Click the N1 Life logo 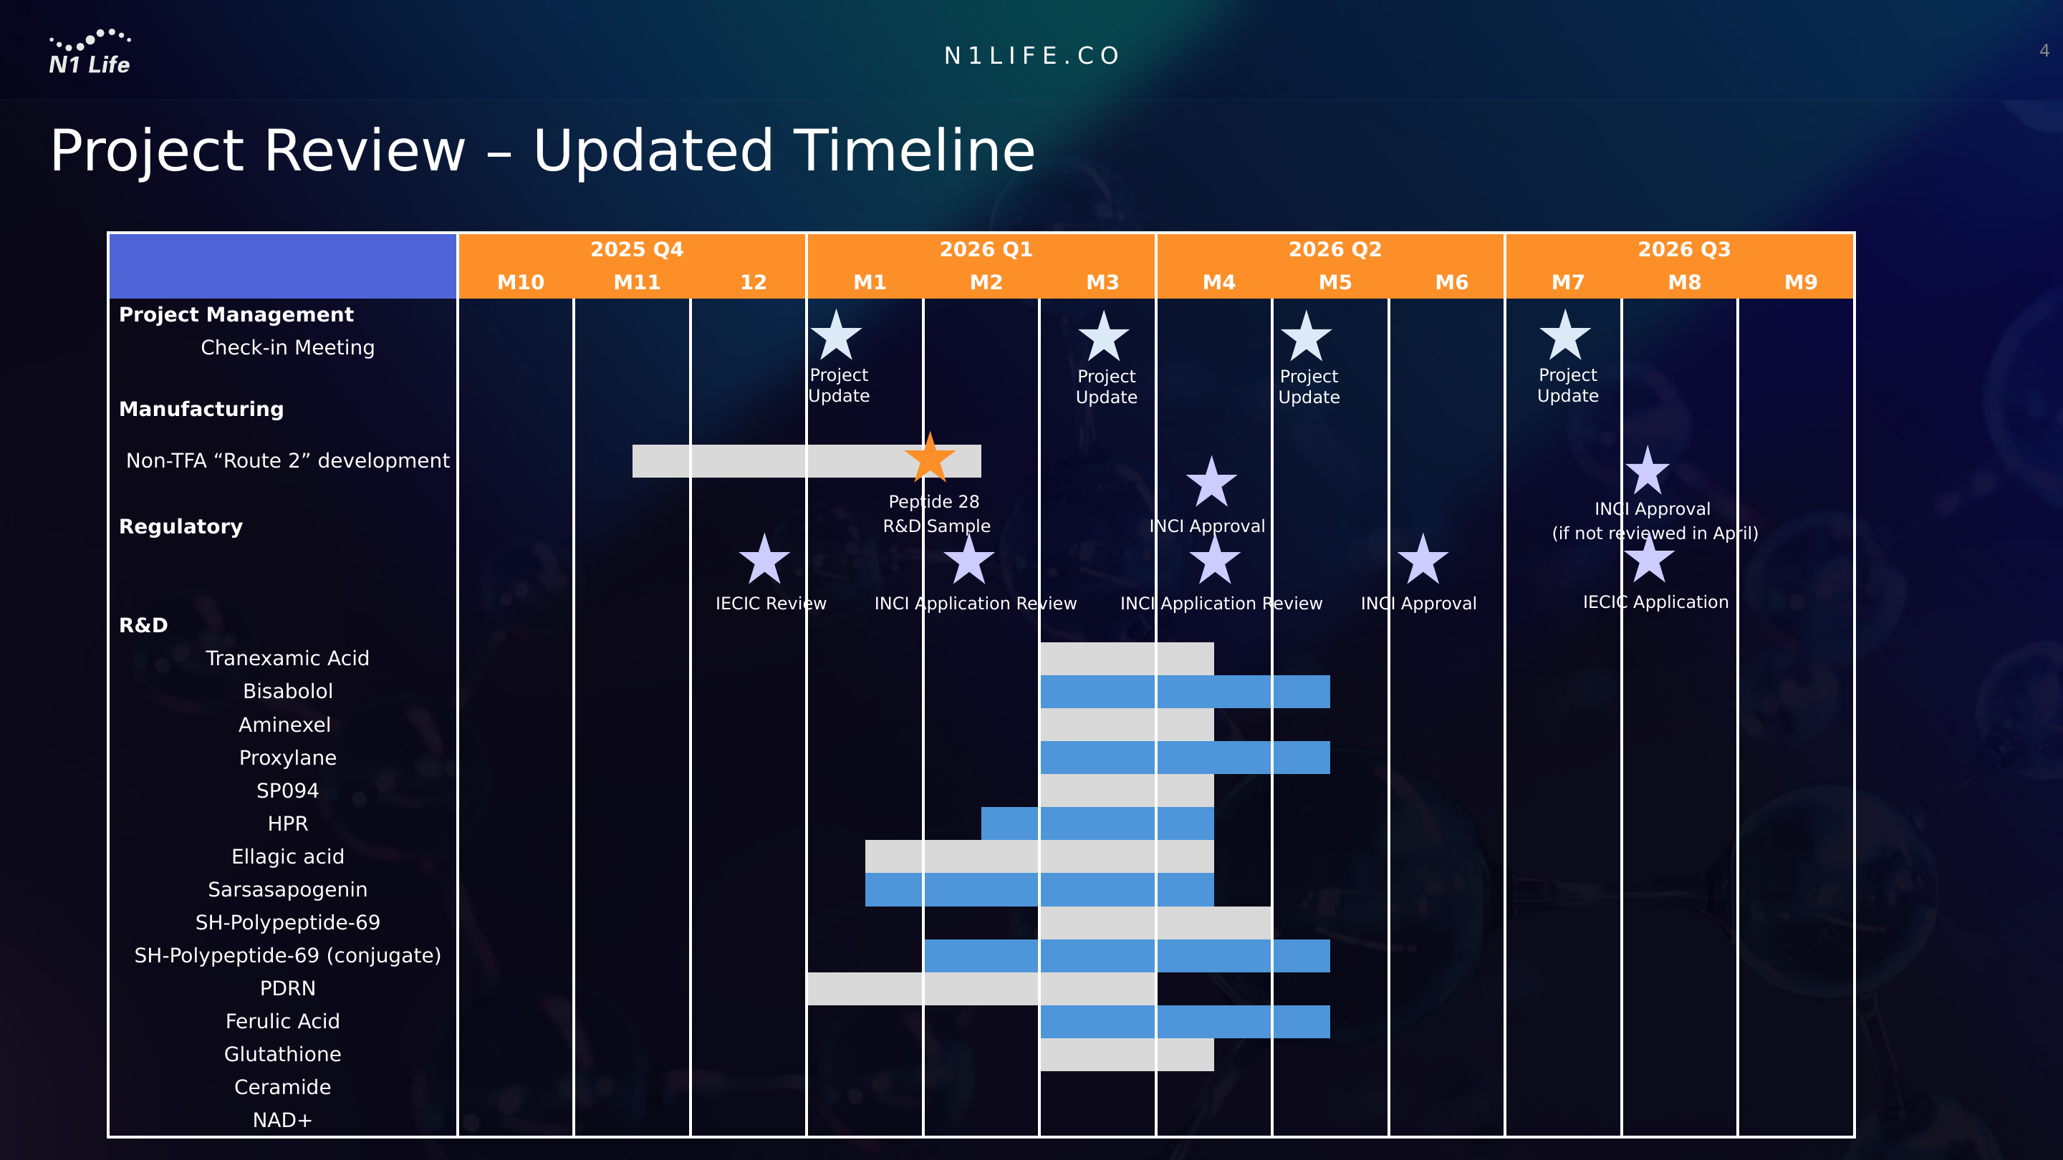pyautogui.click(x=90, y=52)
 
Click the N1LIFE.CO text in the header pyautogui.click(x=1032, y=55)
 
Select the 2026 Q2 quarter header pyautogui.click(x=1335, y=249)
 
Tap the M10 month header pyautogui.click(x=521, y=282)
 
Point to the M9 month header pyautogui.click(x=1800, y=282)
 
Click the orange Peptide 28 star pyautogui.click(x=930, y=459)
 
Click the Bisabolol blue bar pyautogui.click(x=1186, y=692)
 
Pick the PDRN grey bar pyautogui.click(x=981, y=989)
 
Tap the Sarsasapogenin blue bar pyautogui.click(x=1039, y=889)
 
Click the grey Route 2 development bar pyautogui.click(x=807, y=461)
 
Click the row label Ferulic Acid pyautogui.click(x=283, y=1020)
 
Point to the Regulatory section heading pyautogui.click(x=181, y=527)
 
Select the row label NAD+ pyautogui.click(x=283, y=1120)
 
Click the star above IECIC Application pyautogui.click(x=1649, y=559)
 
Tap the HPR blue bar pyautogui.click(x=1097, y=823)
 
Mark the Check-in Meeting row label pyautogui.click(x=287, y=347)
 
